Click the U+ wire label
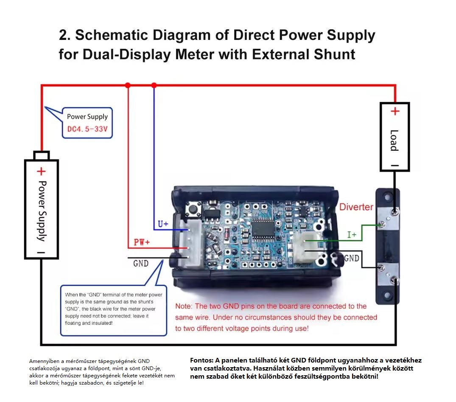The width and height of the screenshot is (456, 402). point(163,224)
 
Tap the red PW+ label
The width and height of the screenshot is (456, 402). point(142,242)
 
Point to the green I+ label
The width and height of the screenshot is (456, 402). point(352,235)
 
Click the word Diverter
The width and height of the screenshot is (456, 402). point(356,207)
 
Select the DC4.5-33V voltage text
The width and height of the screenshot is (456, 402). point(87,129)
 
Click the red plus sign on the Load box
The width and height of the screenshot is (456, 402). point(395,111)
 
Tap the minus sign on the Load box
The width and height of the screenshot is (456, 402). point(394,166)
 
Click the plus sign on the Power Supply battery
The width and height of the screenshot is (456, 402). point(41,171)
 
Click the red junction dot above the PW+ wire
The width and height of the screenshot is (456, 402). point(128,85)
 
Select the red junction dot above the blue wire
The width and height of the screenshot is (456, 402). point(154,85)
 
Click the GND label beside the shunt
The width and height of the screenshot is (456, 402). point(352,258)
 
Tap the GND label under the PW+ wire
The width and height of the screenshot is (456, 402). point(141,264)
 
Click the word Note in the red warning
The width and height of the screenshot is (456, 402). point(183,306)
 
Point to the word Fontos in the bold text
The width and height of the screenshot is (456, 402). point(201,360)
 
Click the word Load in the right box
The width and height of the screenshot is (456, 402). point(394,141)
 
